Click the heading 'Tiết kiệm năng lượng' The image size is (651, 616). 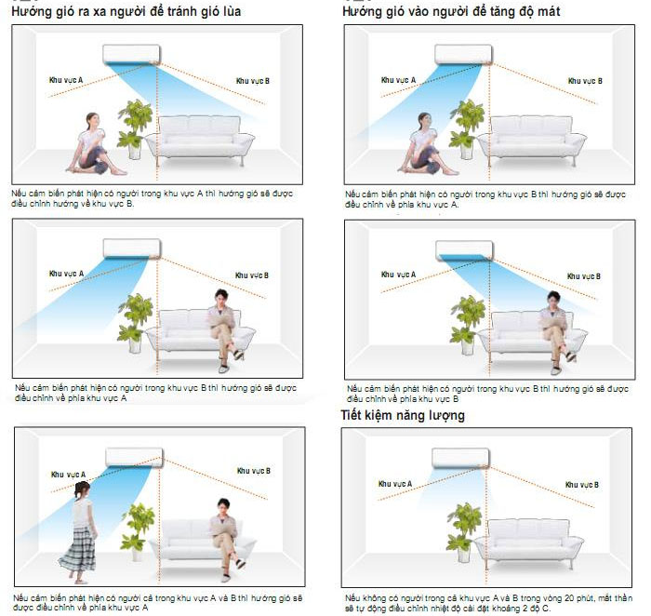(403, 415)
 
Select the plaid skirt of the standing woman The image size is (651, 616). (78, 548)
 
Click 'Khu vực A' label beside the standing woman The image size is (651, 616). (67, 475)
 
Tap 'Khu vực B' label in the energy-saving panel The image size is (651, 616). (584, 484)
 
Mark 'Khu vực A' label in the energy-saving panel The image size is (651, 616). (395, 484)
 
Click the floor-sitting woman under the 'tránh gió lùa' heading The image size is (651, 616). (91, 144)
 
